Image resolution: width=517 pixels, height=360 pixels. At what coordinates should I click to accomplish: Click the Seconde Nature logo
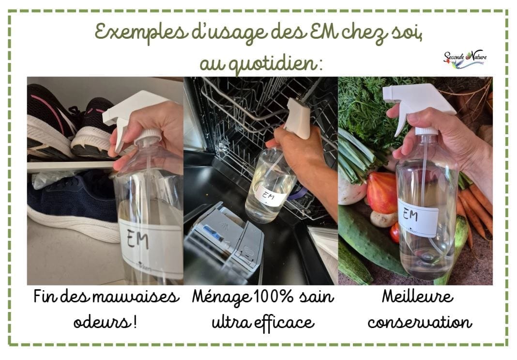pos(465,60)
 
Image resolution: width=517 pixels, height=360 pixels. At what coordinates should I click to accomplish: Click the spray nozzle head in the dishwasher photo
pos(298,118)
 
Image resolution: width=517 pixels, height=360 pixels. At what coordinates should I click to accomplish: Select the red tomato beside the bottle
pos(382,193)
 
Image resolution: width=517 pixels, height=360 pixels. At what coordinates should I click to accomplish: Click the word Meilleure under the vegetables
pos(418,296)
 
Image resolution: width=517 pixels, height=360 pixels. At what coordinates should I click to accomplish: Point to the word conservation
pos(420,322)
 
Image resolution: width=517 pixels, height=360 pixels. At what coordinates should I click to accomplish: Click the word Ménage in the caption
pos(221,297)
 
